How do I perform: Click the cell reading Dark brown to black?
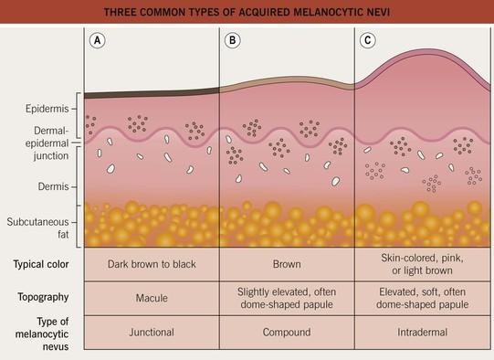click(x=152, y=264)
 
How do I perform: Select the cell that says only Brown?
click(x=287, y=264)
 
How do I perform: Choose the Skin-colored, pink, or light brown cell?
click(x=423, y=264)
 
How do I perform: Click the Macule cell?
click(x=152, y=298)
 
